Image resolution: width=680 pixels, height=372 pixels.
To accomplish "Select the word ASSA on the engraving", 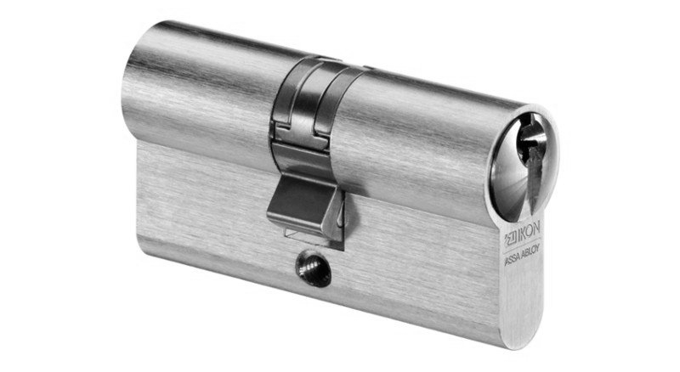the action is pyautogui.click(x=513, y=262).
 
